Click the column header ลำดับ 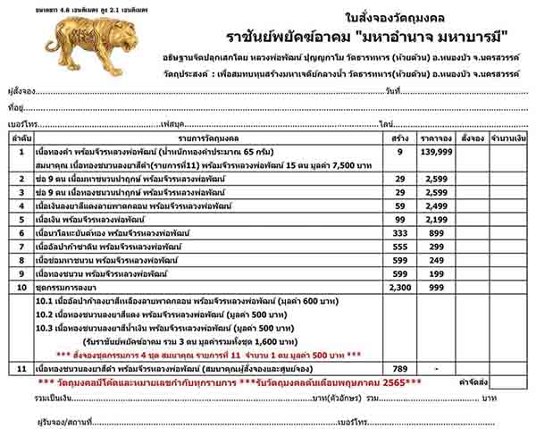click(20, 138)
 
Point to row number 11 click(20, 368)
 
